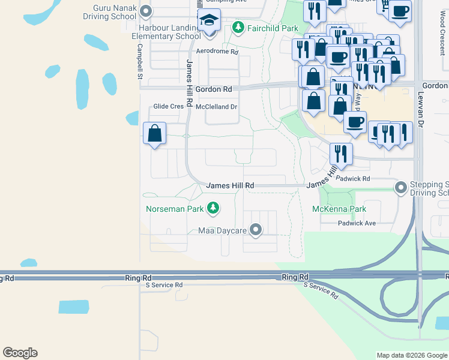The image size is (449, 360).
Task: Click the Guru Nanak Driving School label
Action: click(x=115, y=12)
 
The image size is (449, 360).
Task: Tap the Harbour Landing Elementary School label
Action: click(x=161, y=32)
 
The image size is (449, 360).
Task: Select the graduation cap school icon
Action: click(x=209, y=22)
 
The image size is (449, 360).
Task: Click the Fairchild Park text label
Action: click(x=273, y=28)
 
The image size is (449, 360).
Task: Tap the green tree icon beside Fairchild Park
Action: click(x=239, y=28)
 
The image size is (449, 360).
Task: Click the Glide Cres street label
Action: click(x=168, y=106)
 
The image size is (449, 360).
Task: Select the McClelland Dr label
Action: click(x=217, y=107)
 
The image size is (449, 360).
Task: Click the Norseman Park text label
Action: click(x=176, y=209)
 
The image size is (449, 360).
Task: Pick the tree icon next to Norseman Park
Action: click(x=212, y=209)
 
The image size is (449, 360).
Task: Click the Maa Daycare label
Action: click(x=223, y=230)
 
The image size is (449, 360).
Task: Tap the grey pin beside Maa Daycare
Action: click(x=256, y=230)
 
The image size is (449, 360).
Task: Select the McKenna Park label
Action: click(x=339, y=209)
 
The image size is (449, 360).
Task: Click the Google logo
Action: click(x=20, y=353)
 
